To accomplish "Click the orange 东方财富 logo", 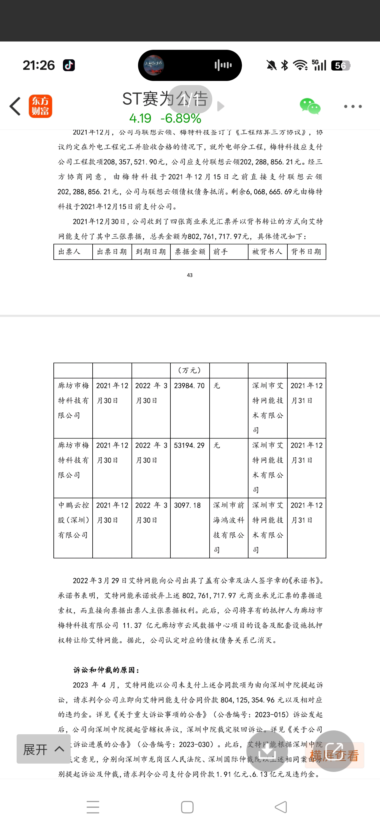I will [x=40, y=106].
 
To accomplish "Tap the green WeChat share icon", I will [x=310, y=106].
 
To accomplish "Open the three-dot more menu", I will [x=353, y=106].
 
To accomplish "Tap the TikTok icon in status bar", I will [x=69, y=66].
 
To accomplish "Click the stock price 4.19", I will [x=140, y=119].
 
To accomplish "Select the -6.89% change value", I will [x=181, y=119].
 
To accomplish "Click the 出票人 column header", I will [x=69, y=252].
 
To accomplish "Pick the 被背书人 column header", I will [x=267, y=252].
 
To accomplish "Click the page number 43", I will [x=190, y=275].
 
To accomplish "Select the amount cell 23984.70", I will [x=189, y=386].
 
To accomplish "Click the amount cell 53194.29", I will [x=189, y=445].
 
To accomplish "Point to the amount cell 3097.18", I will [x=187, y=505].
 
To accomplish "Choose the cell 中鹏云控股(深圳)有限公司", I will [x=73, y=520].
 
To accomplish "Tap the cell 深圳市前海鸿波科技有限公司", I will [x=228, y=527].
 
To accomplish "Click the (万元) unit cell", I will [x=190, y=371].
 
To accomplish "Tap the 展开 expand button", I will [x=44, y=749].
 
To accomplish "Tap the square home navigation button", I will [x=187, y=807].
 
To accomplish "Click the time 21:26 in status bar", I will [x=39, y=66].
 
